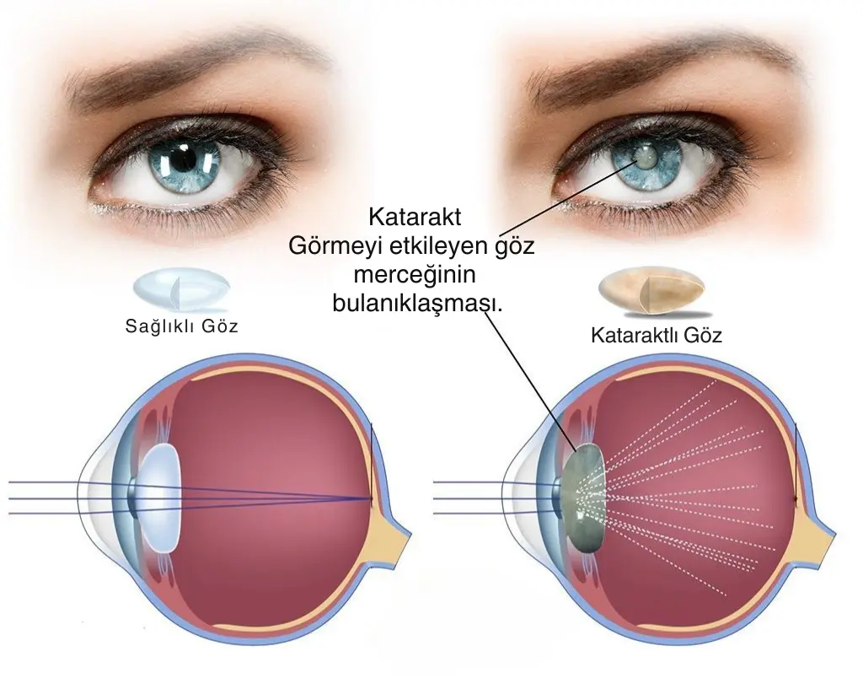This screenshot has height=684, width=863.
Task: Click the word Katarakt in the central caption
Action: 415,217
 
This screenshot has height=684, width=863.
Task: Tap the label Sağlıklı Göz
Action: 182,326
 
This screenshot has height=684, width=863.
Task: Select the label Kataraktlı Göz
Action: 656,335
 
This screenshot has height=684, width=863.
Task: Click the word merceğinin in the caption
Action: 415,275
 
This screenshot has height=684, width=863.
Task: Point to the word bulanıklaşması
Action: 418,304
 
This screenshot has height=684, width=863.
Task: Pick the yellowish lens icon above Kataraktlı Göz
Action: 652,290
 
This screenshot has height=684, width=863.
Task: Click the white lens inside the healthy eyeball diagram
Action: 159,498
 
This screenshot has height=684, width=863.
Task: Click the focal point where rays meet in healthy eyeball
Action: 372,499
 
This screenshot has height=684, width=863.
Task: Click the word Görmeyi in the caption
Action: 335,246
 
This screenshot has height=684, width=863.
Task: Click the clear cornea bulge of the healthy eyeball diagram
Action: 94,498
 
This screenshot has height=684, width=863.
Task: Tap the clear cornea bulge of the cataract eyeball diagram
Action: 518,498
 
